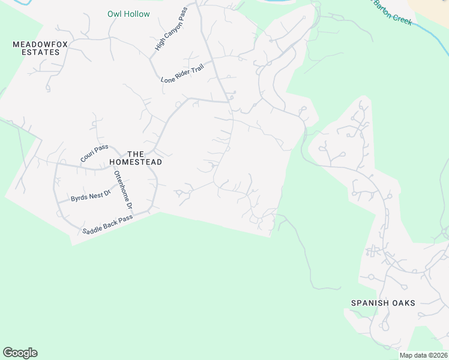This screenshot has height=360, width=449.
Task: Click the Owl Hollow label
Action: (x=128, y=14)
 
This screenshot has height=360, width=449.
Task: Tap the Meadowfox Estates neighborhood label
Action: (x=37, y=48)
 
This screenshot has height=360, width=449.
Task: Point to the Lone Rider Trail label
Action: (x=182, y=72)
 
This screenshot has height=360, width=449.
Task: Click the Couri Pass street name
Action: (x=94, y=153)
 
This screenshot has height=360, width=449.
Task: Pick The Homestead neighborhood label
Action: (x=136, y=158)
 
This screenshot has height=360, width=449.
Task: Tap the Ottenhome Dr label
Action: (x=124, y=191)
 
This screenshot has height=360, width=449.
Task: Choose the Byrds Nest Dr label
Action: (x=91, y=196)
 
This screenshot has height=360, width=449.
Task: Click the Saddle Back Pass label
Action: (x=107, y=226)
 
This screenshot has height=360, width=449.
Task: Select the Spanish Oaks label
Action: (x=383, y=303)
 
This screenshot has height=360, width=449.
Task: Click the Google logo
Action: (x=20, y=353)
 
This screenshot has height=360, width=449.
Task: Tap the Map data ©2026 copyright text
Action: (x=423, y=355)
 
